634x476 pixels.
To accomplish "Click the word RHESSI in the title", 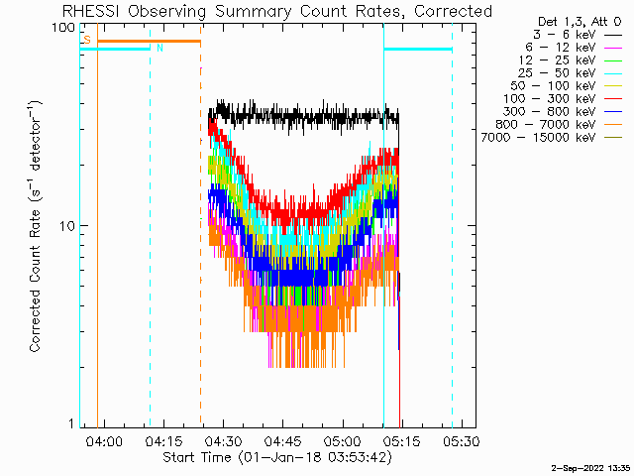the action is (x=91, y=11).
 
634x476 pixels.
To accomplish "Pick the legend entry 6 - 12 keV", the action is (x=574, y=48).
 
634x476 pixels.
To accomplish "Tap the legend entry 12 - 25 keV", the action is (x=571, y=60).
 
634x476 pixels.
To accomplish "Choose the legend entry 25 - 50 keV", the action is (x=571, y=73).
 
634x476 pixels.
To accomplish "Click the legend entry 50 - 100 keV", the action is (x=566, y=86).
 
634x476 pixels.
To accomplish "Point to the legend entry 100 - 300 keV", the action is (x=563, y=99).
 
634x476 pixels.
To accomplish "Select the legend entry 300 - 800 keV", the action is (x=563, y=112).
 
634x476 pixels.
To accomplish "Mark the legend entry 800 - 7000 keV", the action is (x=559, y=125).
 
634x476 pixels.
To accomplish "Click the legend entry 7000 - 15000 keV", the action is (x=552, y=138).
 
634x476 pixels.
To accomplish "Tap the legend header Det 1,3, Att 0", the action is (x=580, y=22).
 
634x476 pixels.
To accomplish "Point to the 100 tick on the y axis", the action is (x=63, y=28).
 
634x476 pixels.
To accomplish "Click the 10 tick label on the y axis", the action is (x=67, y=226).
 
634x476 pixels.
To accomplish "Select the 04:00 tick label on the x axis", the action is (x=104, y=440).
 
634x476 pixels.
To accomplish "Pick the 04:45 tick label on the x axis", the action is (x=282, y=440).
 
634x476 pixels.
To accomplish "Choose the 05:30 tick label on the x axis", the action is (x=462, y=440).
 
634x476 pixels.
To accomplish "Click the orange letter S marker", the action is (x=87, y=40).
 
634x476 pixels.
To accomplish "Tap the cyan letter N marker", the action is (x=159, y=48).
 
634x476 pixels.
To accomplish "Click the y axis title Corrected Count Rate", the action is (x=36, y=281).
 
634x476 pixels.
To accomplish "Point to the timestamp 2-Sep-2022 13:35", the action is (x=590, y=468).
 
